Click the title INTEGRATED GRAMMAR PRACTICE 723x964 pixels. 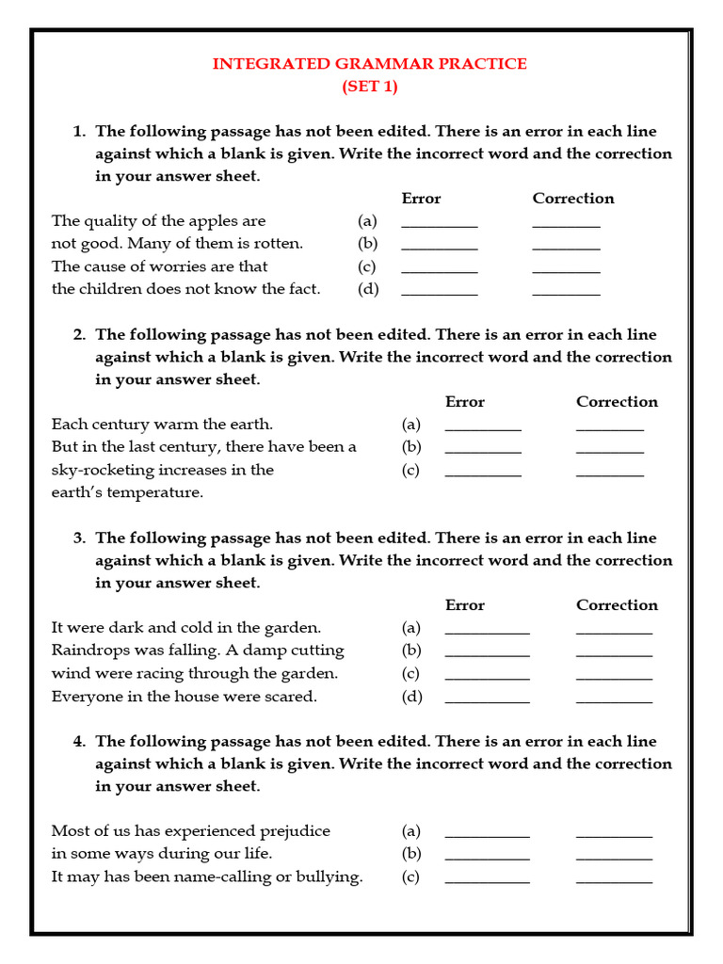pos(369,64)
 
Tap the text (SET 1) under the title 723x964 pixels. pos(369,87)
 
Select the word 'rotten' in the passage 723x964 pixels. pos(277,244)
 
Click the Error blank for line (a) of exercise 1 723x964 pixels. pos(439,225)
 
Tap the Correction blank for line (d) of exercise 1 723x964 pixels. pos(566,293)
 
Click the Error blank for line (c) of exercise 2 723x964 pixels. pos(482,474)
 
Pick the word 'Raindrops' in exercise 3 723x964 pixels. pos(88,651)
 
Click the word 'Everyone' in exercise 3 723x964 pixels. pos(84,697)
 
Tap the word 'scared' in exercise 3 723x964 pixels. pos(292,697)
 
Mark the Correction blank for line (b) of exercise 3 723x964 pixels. pos(614,654)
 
